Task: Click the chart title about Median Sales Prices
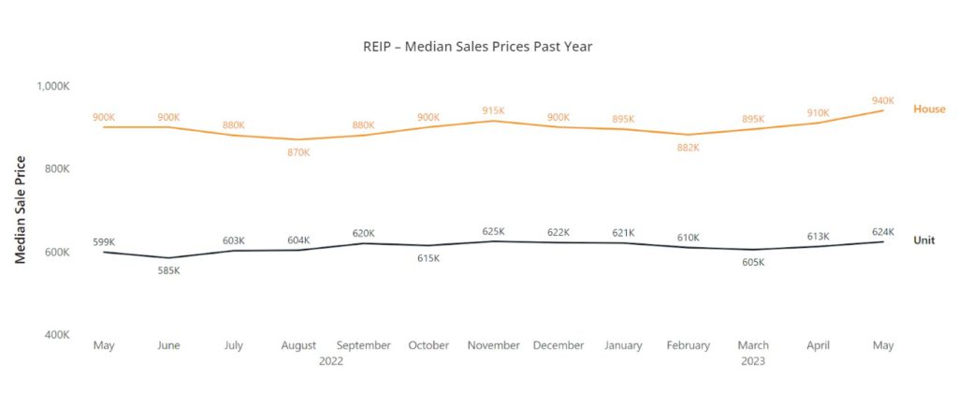[x=477, y=45]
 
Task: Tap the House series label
[x=929, y=109]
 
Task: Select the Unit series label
[x=923, y=240]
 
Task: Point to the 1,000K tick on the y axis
[x=53, y=86]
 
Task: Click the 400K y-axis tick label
[x=54, y=335]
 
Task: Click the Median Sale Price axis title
[x=21, y=210]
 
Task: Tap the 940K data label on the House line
[x=883, y=100]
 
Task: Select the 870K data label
[x=298, y=152]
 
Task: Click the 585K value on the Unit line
[x=168, y=270]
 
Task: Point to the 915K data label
[x=493, y=110]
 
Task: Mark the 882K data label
[x=688, y=148]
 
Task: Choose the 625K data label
[x=493, y=231]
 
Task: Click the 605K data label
[x=753, y=262]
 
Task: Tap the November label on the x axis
[x=493, y=345]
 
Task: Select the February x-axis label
[x=688, y=345]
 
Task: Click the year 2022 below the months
[x=330, y=361]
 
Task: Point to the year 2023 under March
[x=752, y=361]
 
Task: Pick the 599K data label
[x=104, y=241]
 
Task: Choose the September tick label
[x=363, y=345]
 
